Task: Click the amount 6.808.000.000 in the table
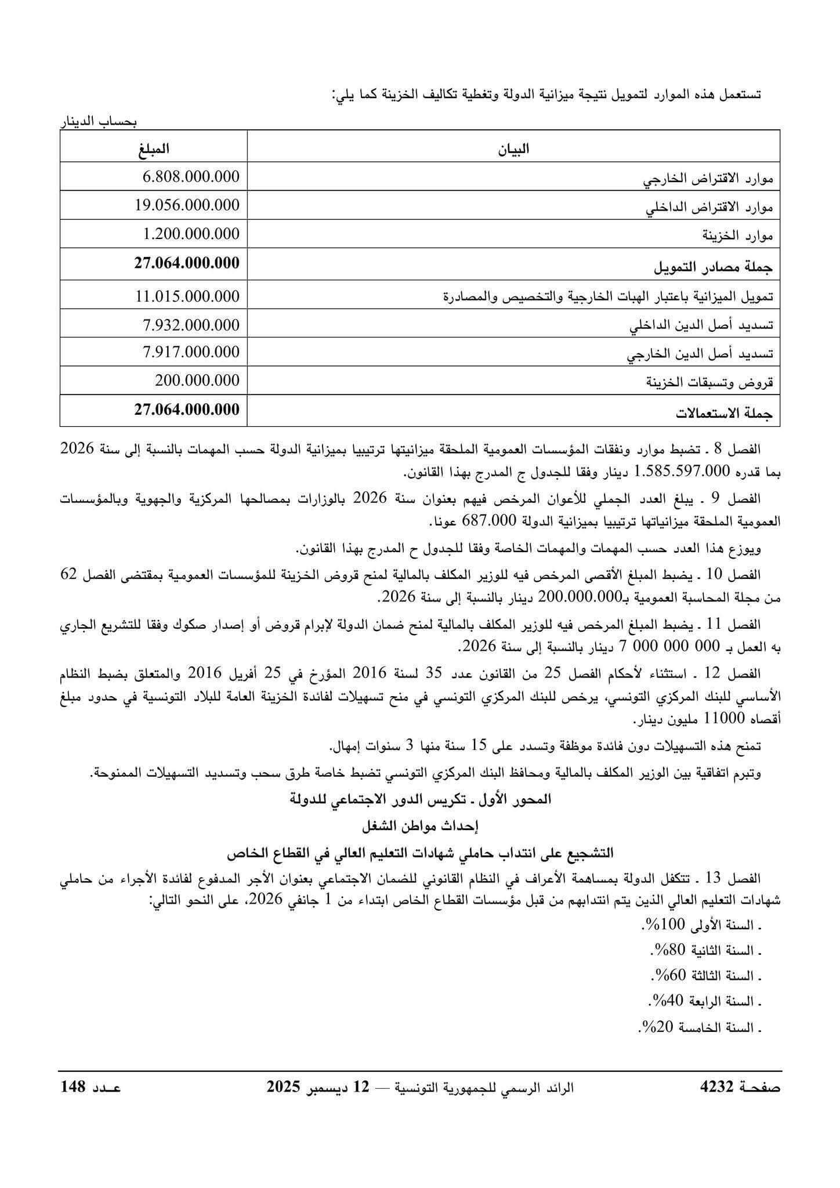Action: pyautogui.click(x=191, y=176)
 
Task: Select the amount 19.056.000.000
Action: pyautogui.click(x=187, y=205)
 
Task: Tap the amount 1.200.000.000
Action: pyautogui.click(x=191, y=234)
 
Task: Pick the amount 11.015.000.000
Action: pyautogui.click(x=187, y=296)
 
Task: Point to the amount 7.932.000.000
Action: pyautogui.click(x=191, y=325)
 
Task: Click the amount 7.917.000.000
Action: pyautogui.click(x=191, y=352)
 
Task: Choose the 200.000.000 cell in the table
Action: pyautogui.click(x=197, y=381)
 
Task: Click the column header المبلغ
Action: pyautogui.click(x=154, y=148)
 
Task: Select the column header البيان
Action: pyautogui.click(x=513, y=149)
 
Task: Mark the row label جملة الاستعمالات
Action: pyautogui.click(x=725, y=414)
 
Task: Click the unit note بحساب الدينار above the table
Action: pyautogui.click(x=99, y=122)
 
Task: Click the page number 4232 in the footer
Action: pyautogui.click(x=718, y=1087)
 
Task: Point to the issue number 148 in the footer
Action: pyautogui.click(x=74, y=1087)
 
